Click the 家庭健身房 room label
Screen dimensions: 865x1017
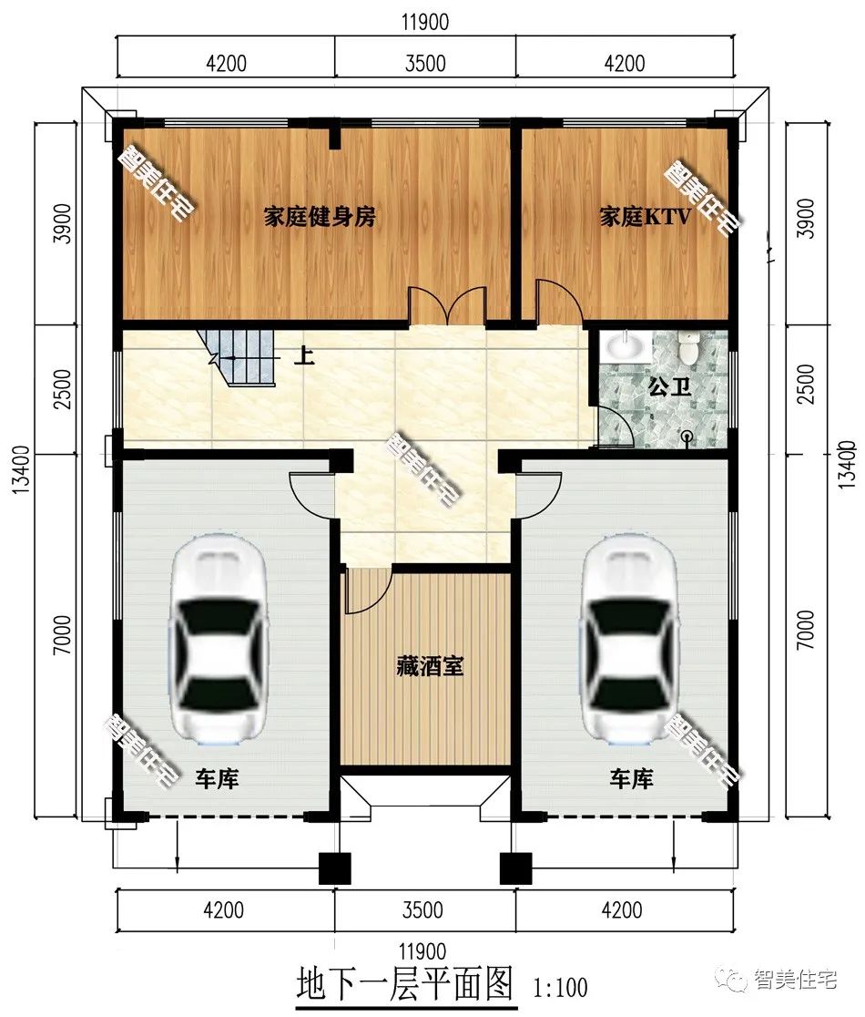coord(320,217)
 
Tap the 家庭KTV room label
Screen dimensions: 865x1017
coord(644,216)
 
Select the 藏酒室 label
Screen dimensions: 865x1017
coord(431,666)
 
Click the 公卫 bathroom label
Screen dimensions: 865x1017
coord(670,387)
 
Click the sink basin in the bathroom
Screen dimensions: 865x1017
coord(626,346)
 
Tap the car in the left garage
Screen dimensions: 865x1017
coord(218,639)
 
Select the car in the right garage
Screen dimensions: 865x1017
coord(632,639)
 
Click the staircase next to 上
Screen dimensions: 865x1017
coord(238,356)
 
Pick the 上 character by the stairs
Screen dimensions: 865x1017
coord(304,355)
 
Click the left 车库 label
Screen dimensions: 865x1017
coord(217,779)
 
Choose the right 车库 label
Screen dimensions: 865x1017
coord(631,779)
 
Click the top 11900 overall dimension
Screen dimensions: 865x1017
coord(425,21)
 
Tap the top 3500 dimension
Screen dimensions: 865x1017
coord(426,63)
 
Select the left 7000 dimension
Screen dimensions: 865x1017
coord(62,634)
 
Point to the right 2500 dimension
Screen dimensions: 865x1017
coord(806,384)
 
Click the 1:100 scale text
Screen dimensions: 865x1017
coord(561,988)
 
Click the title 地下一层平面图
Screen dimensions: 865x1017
coord(405,984)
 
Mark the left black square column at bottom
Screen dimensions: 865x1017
coord(335,868)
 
